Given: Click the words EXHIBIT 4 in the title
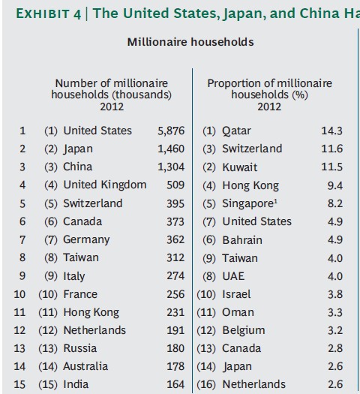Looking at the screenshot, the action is tap(49, 14).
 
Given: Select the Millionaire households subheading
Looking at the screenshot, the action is tap(190, 42).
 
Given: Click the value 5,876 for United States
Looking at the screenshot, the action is tap(171, 131).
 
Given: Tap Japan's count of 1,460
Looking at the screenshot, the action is tap(171, 149).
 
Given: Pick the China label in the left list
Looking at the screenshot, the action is tap(77, 167).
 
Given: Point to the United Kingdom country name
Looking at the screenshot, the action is tap(105, 185).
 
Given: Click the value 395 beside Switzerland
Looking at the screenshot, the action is tap(175, 203).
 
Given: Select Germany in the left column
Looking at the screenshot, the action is tap(86, 239).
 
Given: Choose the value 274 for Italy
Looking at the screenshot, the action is tap(175, 275).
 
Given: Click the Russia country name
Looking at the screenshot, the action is tap(80, 348).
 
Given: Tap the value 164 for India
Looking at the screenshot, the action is tap(175, 384).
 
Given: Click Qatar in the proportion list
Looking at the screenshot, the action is tap(236, 131).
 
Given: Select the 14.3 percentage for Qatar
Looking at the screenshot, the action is tap(332, 131).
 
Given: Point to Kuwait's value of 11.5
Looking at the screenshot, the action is tap(332, 167).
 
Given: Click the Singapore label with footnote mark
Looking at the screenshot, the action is tap(250, 204).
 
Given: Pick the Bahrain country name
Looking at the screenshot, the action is tap(242, 240).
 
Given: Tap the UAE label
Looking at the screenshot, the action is tap(233, 276).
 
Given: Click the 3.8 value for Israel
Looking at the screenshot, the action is tap(335, 294).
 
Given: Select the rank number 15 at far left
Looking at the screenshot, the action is tap(19, 384).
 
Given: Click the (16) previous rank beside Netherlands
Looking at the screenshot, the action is tap(206, 384).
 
